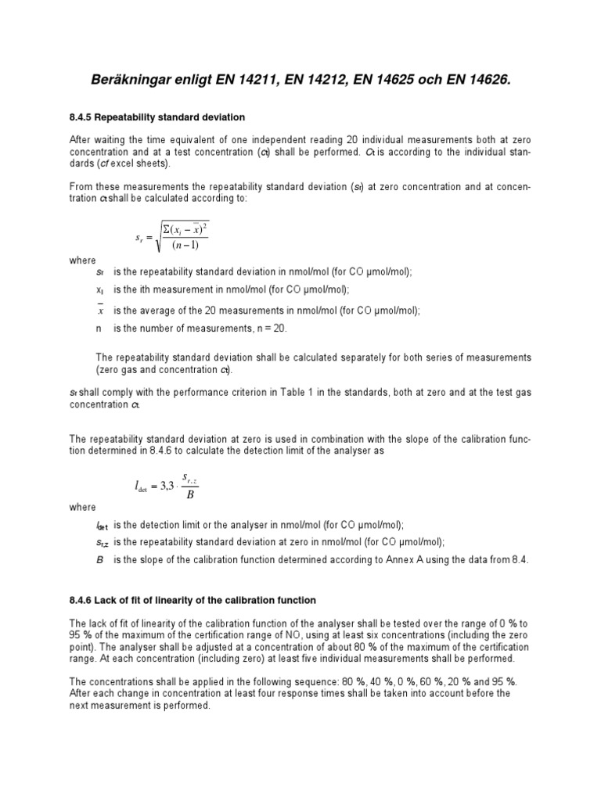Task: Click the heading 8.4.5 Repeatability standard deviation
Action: click(x=157, y=117)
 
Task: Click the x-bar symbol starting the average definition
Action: click(x=99, y=310)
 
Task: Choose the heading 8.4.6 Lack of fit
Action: click(x=193, y=600)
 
